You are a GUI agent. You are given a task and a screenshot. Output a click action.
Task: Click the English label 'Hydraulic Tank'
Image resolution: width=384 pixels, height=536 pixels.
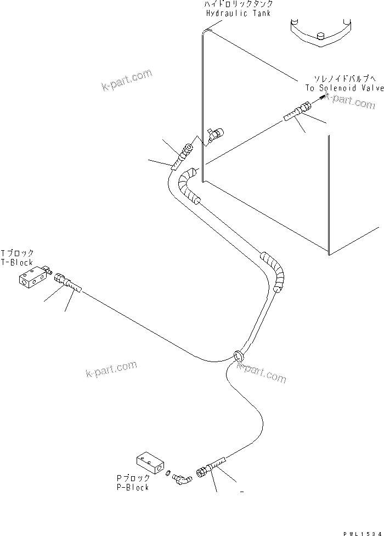click(239, 13)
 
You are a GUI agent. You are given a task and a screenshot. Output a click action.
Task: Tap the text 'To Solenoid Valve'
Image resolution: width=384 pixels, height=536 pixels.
click(344, 88)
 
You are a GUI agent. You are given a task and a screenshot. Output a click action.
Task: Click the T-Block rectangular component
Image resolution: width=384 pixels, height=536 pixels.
click(31, 278)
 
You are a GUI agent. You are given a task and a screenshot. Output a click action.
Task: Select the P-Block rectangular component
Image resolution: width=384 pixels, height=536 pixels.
click(149, 463)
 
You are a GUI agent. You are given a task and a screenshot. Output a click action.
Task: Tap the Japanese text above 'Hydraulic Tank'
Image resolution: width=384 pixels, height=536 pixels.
click(239, 4)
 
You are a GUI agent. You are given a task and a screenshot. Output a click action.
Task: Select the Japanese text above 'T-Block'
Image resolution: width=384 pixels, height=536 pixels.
click(18, 253)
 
